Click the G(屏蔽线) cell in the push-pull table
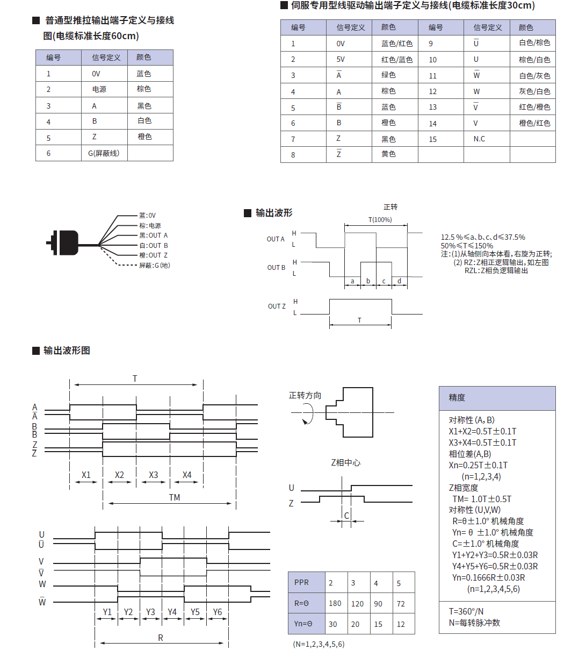coord(104,153)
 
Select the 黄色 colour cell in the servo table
coord(388,154)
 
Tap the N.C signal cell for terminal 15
coord(479,139)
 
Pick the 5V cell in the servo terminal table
coord(341,60)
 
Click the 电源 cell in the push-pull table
coord(99,89)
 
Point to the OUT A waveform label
coord(276,239)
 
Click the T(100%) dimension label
coord(380,219)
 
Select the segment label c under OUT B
coord(384,281)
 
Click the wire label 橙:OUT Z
coord(153,255)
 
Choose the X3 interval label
coord(153,475)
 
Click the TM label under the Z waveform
coord(174,497)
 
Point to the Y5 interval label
coord(195,612)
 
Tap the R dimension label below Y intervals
coord(160,638)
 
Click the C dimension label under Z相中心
coord(346,516)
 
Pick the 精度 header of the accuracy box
coord(457,398)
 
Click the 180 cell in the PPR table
coord(335,603)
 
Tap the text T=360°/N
coord(466,611)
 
